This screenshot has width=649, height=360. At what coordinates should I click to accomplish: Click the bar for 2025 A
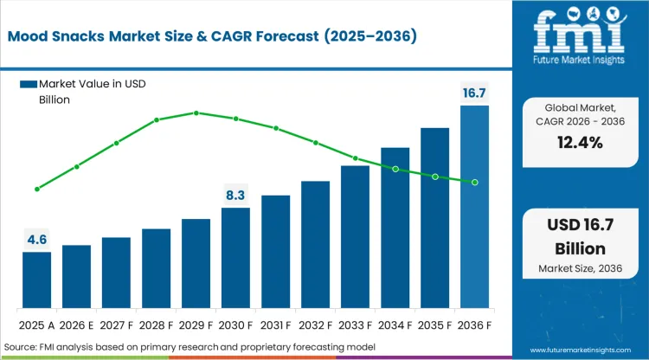[36, 280]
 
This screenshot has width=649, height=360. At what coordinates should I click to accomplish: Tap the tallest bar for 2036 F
[474, 208]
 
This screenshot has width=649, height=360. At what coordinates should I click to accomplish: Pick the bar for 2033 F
[355, 237]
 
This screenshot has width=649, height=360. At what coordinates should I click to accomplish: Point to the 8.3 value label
[235, 195]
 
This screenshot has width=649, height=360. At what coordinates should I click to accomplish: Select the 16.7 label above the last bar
[474, 93]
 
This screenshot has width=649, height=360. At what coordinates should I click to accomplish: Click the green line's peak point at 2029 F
[196, 112]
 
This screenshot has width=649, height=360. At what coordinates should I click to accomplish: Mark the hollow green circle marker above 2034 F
[395, 170]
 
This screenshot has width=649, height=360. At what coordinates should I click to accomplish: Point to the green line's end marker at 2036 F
[474, 182]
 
